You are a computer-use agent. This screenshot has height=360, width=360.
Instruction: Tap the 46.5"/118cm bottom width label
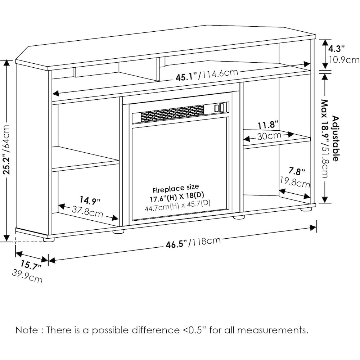[193, 244]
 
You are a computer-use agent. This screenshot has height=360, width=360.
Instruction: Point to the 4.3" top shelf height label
[337, 48]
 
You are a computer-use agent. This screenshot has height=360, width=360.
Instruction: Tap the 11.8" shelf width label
[268, 125]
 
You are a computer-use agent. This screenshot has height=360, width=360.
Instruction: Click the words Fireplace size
[176, 189]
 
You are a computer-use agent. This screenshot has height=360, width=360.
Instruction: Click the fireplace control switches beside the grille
[219, 107]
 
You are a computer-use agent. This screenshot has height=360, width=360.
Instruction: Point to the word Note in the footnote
[25, 330]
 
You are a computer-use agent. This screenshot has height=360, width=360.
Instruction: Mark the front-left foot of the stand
[49, 239]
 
